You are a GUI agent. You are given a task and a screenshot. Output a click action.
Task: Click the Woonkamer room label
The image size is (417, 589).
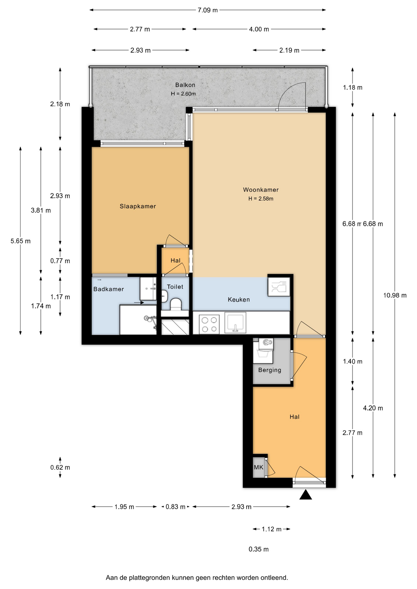(261, 190)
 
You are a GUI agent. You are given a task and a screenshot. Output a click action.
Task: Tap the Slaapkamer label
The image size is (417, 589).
(138, 206)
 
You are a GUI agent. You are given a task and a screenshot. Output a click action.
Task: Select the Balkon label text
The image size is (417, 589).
(185, 85)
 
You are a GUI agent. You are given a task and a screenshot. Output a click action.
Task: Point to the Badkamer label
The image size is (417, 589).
(109, 289)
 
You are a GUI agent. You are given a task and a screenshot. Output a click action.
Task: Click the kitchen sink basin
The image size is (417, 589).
(235, 322)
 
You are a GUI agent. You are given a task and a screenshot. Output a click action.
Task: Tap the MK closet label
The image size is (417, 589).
(259, 467)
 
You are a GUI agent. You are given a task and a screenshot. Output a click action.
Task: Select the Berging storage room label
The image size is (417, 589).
(270, 370)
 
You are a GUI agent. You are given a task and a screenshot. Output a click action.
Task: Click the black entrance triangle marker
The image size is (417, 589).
(306, 495)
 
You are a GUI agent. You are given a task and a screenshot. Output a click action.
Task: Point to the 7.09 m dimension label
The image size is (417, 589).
(208, 10)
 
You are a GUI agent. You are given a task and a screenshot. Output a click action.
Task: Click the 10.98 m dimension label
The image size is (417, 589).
(395, 295)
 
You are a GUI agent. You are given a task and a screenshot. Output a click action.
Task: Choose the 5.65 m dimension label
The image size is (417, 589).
(21, 241)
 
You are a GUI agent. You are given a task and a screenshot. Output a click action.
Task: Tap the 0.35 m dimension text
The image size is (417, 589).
(259, 549)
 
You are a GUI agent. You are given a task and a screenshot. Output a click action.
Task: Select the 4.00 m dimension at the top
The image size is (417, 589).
(259, 29)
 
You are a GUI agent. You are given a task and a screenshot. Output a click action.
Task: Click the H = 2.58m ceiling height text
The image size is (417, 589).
(261, 199)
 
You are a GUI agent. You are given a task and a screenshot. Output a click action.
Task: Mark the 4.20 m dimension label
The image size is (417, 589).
(373, 408)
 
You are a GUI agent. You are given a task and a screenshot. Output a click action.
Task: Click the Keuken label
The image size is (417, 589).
(239, 300)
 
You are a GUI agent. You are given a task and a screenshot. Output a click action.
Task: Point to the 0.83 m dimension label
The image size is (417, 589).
(175, 507)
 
